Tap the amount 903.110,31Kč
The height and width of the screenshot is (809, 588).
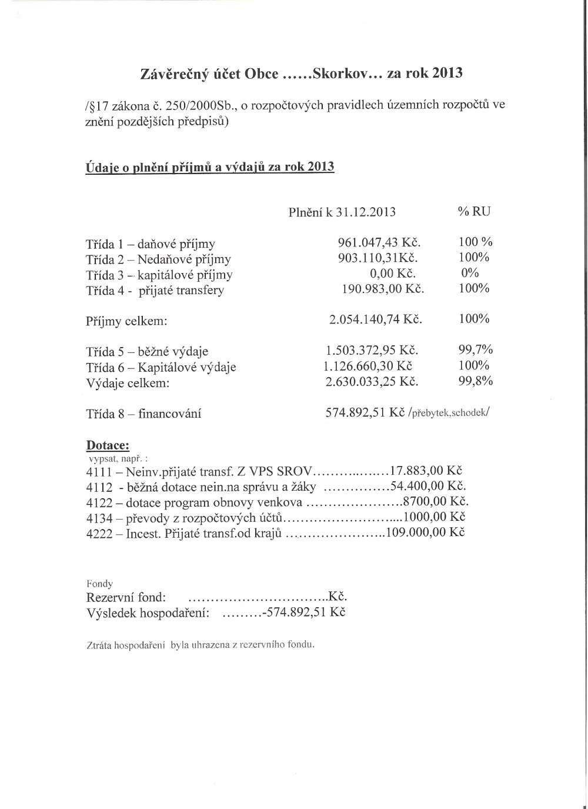click(x=378, y=258)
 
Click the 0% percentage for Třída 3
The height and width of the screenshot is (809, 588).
click(x=470, y=273)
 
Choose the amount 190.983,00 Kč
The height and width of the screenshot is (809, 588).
click(x=383, y=289)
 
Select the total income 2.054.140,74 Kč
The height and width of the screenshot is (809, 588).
click(x=376, y=319)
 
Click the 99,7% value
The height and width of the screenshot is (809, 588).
click(x=475, y=350)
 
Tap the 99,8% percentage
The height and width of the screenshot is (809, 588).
click(x=475, y=381)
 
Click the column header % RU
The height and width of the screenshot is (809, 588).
click(x=473, y=212)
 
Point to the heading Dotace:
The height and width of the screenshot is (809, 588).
click(x=108, y=444)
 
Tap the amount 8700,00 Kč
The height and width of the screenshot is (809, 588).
click(x=435, y=502)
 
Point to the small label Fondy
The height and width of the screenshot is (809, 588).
click(x=99, y=584)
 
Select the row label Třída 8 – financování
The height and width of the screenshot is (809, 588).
click(x=143, y=414)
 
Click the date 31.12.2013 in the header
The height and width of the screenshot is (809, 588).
click(x=366, y=212)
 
